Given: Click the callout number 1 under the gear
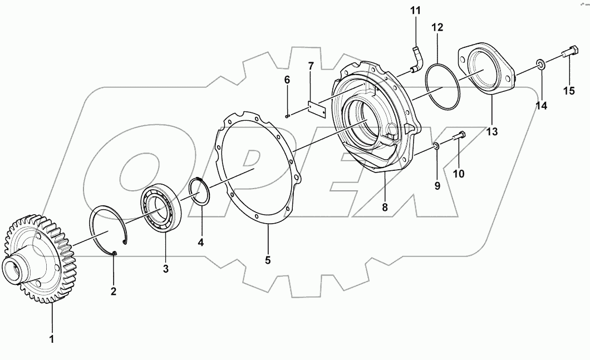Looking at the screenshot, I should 52,339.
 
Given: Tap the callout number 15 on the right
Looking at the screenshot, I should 568,91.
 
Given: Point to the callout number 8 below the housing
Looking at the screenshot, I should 384,208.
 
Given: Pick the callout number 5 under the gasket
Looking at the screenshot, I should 268,260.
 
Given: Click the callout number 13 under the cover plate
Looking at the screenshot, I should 491,132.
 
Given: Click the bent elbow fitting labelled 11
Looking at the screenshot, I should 417,58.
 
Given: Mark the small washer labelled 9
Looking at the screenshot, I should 437,146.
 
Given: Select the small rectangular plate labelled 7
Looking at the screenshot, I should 317,107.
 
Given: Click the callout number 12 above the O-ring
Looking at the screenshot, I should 437,27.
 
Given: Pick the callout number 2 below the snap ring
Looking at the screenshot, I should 113,291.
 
